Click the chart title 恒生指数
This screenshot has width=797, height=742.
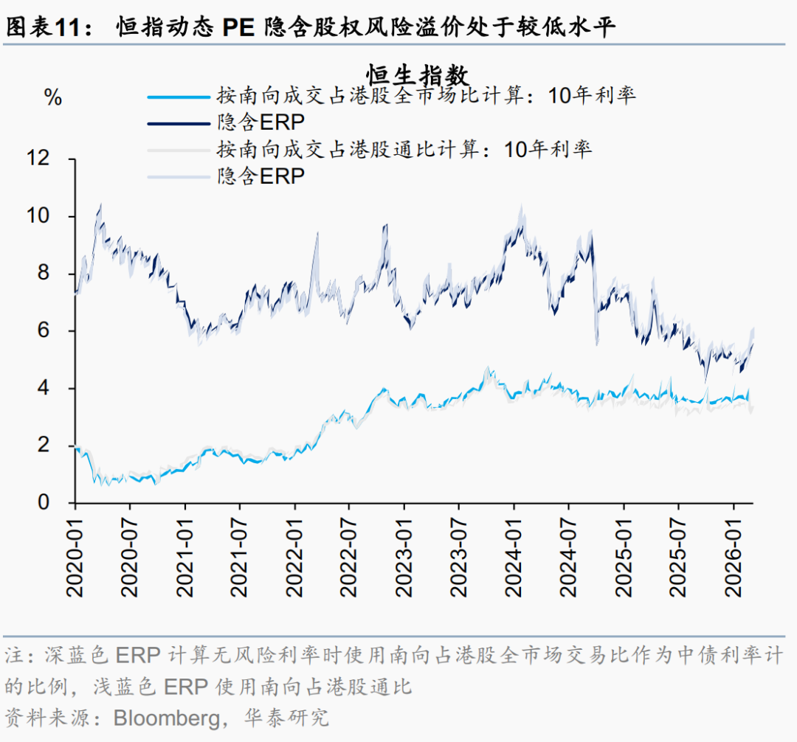[417, 74]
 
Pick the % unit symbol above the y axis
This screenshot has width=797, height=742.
[53, 97]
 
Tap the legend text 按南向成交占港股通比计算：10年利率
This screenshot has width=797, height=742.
[404, 149]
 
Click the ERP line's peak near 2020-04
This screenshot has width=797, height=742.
[100, 207]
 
